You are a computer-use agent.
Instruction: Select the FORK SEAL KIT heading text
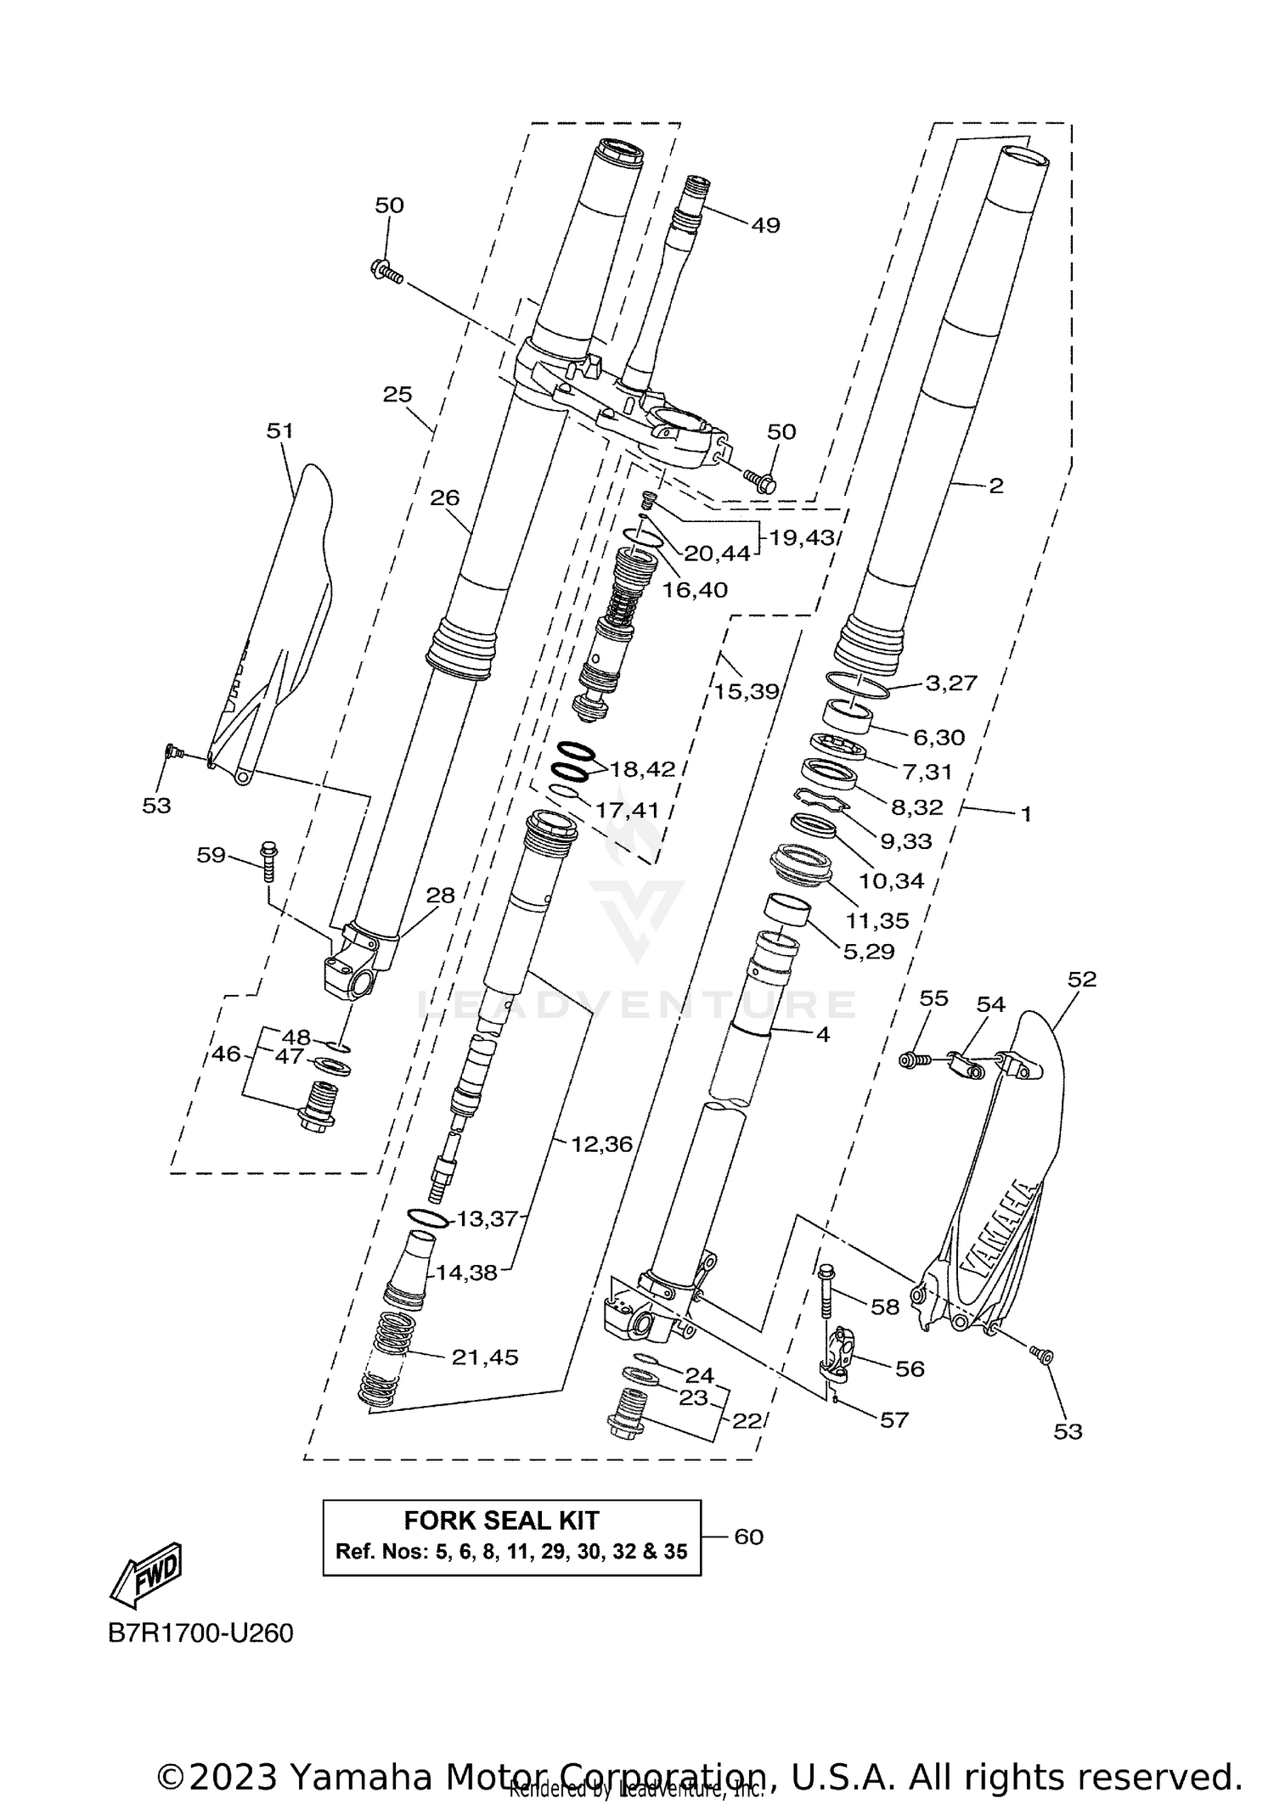pos(501,1520)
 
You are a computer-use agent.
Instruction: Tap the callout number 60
pos(748,1537)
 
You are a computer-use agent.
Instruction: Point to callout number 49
pos(765,225)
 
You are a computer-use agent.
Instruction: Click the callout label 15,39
pos(746,691)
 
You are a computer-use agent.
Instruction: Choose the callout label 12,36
pos(601,1144)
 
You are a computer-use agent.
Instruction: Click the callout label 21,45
pos(485,1357)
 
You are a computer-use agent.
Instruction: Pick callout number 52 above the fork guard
pos(1082,979)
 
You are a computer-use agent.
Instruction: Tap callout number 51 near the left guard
pos(279,430)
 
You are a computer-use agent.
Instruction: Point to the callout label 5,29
pos(869,952)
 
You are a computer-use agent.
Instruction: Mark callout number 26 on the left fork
pos(444,497)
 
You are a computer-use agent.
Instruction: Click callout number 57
pos(893,1419)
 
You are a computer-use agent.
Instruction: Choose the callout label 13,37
pos(488,1219)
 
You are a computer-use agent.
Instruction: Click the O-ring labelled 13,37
pos(427,1218)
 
